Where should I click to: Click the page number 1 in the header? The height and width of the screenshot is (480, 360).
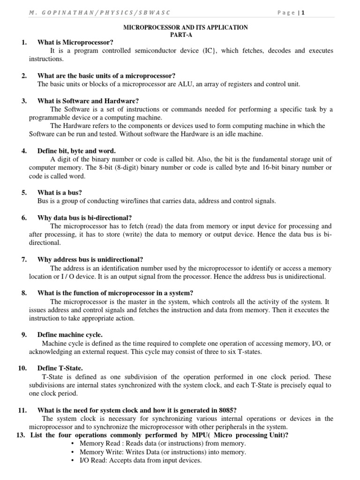click(x=303, y=13)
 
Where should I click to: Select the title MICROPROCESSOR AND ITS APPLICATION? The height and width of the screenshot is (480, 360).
click(x=185, y=28)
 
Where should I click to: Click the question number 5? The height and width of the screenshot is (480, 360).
click(x=24, y=193)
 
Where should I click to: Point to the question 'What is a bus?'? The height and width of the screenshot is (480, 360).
click(x=60, y=193)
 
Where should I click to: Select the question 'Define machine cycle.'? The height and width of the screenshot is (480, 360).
click(x=70, y=335)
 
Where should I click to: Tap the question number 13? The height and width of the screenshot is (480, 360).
click(x=20, y=435)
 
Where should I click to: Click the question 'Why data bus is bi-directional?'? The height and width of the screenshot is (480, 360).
click(x=84, y=218)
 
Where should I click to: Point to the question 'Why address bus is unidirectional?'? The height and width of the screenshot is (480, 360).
click(x=90, y=260)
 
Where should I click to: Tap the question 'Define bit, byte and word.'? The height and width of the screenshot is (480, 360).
click(x=76, y=151)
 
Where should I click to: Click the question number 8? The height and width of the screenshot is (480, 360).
click(x=24, y=293)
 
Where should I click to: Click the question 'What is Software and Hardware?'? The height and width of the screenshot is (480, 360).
click(x=88, y=101)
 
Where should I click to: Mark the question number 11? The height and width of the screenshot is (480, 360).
click(x=22, y=410)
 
